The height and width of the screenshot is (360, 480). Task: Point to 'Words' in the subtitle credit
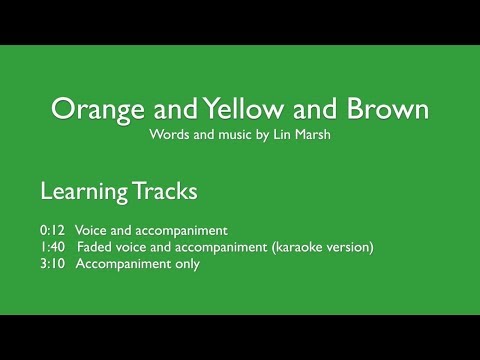pyautogui.click(x=166, y=133)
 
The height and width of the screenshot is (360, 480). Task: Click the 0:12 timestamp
pyautogui.click(x=53, y=229)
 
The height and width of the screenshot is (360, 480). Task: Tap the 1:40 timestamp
pyautogui.click(x=53, y=247)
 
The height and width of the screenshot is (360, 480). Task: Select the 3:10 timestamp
pyautogui.click(x=53, y=264)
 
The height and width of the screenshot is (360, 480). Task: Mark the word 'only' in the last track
pyautogui.click(x=186, y=264)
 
